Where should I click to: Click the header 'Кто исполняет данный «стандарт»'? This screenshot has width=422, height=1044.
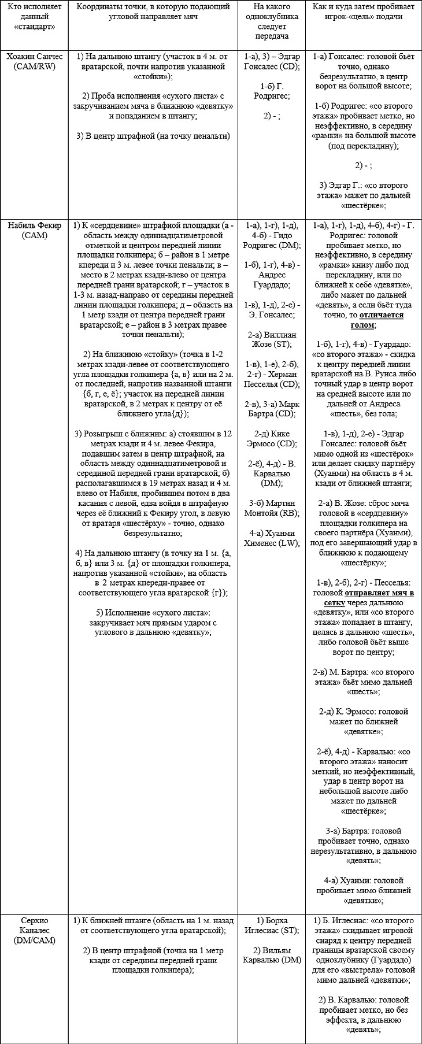click(x=34, y=17)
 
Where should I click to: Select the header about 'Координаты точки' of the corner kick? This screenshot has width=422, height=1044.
click(x=153, y=12)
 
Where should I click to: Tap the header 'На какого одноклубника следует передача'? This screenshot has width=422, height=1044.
click(x=272, y=21)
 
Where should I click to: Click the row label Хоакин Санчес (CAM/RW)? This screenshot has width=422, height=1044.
click(x=34, y=62)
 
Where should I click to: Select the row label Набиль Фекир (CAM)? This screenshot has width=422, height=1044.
click(x=34, y=230)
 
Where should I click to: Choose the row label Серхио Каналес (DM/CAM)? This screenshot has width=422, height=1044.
click(x=34, y=931)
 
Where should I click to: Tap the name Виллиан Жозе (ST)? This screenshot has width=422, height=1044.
click(x=272, y=339)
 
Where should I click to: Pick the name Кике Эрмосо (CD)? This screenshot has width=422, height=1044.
click(x=272, y=438)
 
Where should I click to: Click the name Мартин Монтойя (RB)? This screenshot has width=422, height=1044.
click(x=272, y=508)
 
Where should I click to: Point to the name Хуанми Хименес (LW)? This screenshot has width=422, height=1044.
click(x=272, y=538)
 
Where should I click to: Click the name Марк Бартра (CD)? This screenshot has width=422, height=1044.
click(x=272, y=409)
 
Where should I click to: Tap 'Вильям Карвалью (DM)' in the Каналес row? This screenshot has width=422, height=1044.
click(x=272, y=955)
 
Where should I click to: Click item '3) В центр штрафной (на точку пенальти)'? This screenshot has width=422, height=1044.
click(x=153, y=136)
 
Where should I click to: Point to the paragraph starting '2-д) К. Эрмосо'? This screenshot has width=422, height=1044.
click(x=363, y=721)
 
